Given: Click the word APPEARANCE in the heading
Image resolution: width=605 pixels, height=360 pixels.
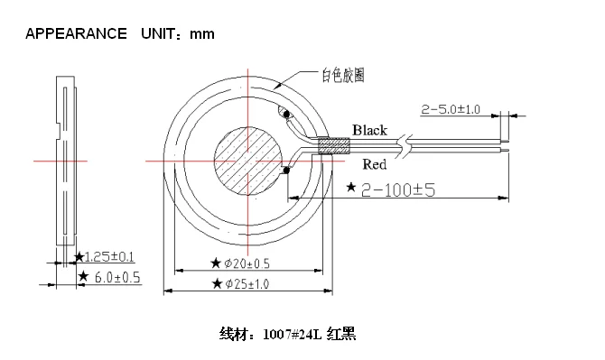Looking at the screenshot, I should [x=76, y=34].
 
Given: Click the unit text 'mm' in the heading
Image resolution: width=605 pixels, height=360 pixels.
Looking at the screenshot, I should [x=201, y=34].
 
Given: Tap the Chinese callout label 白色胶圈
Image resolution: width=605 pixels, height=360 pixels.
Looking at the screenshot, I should [x=344, y=76].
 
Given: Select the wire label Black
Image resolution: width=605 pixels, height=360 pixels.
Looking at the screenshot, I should [x=369, y=130].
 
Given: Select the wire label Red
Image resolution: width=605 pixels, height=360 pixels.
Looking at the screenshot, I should [x=374, y=164].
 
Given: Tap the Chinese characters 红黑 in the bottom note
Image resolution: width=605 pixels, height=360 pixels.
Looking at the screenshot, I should [x=343, y=335].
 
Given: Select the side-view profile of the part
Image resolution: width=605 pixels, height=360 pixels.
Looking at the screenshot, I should [x=65, y=162].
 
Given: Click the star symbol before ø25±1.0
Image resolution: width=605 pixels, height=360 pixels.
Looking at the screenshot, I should [x=216, y=283].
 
